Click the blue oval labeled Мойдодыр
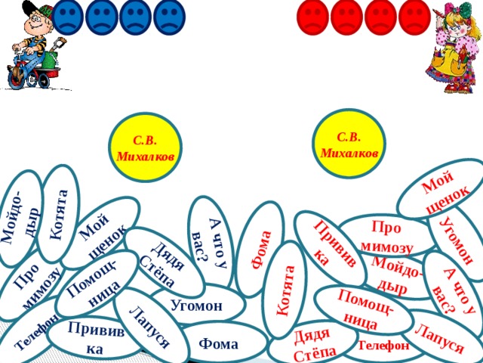coord(20,219)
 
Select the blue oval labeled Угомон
coord(197,306)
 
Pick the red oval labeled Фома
coord(260,249)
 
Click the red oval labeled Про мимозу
coord(387,237)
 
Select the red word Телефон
coord(384,346)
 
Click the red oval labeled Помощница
coord(364,310)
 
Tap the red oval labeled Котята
coord(286,290)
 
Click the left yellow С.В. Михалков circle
coord(145,147)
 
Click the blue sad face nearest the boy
coord(67,17)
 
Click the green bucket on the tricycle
coord(50,60)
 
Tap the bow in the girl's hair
coord(463,9)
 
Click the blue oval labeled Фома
coord(219,344)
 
